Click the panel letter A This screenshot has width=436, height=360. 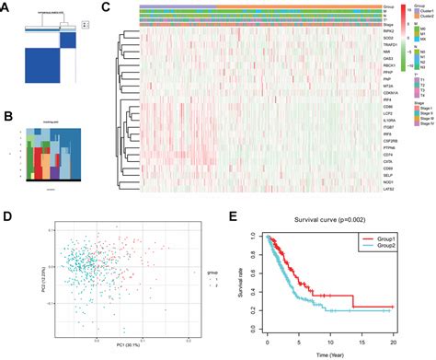tap(8, 8)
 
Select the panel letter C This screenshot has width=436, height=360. tap(106, 8)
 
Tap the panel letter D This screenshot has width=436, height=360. tap(8, 217)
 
